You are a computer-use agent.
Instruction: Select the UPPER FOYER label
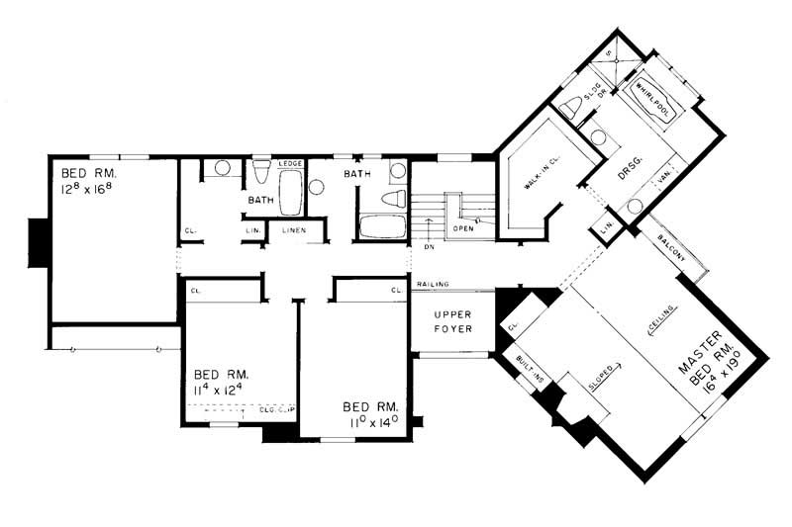click(448, 321)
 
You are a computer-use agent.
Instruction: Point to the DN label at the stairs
click(428, 248)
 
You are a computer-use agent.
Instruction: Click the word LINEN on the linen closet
click(294, 231)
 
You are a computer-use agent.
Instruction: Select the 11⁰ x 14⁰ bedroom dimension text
click(372, 419)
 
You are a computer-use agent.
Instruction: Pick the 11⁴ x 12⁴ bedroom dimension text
click(224, 390)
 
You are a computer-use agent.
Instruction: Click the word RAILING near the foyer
click(433, 285)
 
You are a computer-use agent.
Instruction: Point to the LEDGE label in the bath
click(290, 163)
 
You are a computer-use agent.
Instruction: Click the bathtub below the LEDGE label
click(290, 193)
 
